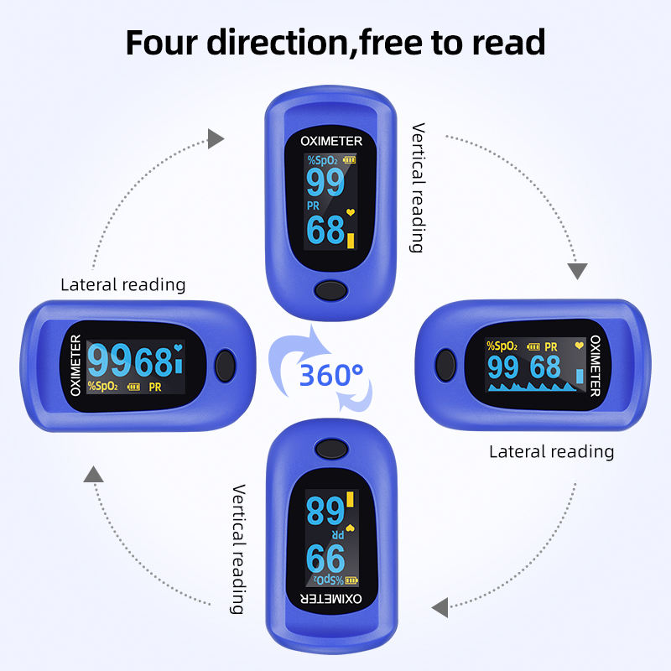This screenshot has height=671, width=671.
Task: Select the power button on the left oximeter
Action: tap(225, 365)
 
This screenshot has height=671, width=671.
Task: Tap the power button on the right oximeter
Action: tap(445, 366)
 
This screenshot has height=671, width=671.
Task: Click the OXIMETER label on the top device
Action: tap(331, 142)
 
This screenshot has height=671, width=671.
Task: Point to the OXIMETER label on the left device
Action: tap(75, 365)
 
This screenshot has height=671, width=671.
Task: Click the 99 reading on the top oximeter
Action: tap(325, 182)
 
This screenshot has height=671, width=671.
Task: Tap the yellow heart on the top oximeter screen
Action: tap(351, 213)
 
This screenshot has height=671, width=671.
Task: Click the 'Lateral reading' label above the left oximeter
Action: tap(123, 284)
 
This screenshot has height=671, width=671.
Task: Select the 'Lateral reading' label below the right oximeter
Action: tap(551, 451)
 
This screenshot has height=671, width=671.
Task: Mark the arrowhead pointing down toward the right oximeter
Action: tap(578, 271)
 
